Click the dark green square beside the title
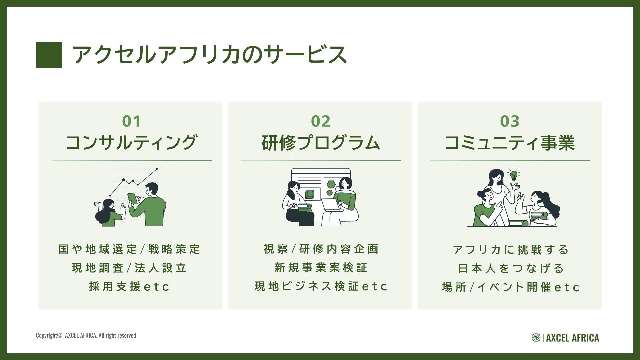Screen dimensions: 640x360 coord(49,55)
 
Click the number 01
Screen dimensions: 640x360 coord(131,121)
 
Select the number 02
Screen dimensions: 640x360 coord(321,121)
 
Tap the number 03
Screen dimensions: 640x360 coord(510,121)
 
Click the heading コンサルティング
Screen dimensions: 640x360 coord(131,143)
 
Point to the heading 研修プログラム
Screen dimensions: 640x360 coord(321,143)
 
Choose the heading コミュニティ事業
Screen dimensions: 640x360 coord(510,143)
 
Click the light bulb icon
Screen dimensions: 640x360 coord(514,175)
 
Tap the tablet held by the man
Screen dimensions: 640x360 coord(132,199)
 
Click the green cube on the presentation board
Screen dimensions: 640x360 coord(310,194)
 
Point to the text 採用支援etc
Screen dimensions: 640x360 coord(130,287)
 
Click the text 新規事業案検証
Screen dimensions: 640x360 coord(321,268)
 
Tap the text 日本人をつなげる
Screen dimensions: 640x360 coord(510,268)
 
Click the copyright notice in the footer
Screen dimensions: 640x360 coord(86,335)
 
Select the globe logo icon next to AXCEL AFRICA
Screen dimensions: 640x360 coord(536,338)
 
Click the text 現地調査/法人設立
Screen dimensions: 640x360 coord(129,268)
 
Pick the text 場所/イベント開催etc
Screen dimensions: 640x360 coord(511,287)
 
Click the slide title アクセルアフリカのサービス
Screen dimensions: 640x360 coord(209,55)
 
